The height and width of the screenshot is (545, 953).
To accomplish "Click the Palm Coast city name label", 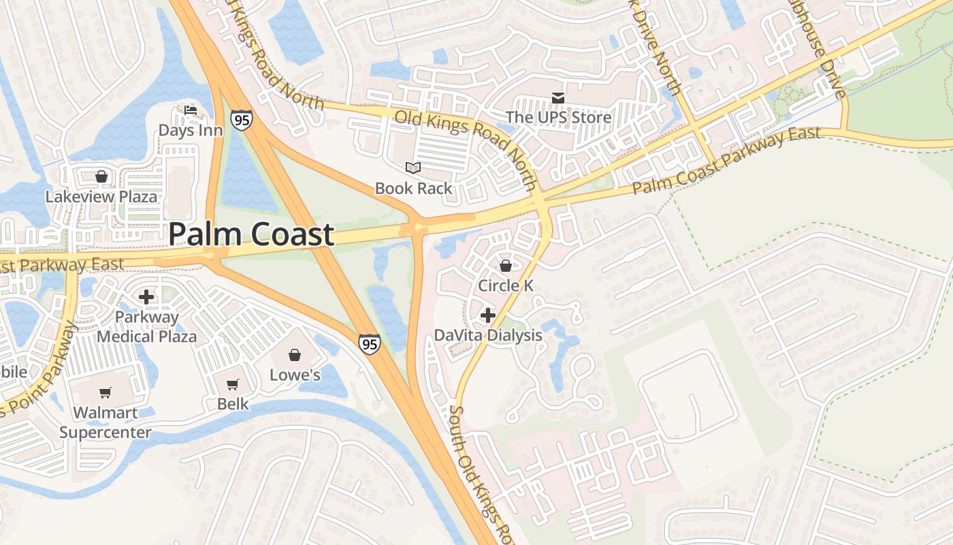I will coord(251,234).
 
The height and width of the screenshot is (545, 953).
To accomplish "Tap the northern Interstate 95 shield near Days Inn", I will coord(241,120).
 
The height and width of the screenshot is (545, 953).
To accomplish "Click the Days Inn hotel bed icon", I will coord(191,110).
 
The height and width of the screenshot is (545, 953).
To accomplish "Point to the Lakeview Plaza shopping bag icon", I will coord(101,177).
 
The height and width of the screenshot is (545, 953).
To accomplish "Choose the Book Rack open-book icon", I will coord(413,168).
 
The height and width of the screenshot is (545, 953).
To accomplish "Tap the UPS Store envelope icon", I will coord(558,98).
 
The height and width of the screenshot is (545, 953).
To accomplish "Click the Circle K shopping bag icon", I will coord(505,266).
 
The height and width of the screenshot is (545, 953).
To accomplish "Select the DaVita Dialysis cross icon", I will coord(488,315).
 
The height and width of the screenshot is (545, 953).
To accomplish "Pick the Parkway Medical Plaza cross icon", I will coord(146,297).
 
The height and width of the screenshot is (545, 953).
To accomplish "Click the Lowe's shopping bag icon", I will coord(295,355).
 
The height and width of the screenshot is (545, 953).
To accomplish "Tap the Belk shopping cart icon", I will coord(233,384).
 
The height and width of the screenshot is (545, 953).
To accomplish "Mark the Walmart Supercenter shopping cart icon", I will coord(106,392).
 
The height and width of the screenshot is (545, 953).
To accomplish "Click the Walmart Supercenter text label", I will coord(106,422).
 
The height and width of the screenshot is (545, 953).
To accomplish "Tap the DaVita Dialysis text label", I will coord(488,335).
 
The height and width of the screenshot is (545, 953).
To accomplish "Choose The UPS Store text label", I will coord(558,118).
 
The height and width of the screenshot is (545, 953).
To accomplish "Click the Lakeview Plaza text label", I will coord(101,197).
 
